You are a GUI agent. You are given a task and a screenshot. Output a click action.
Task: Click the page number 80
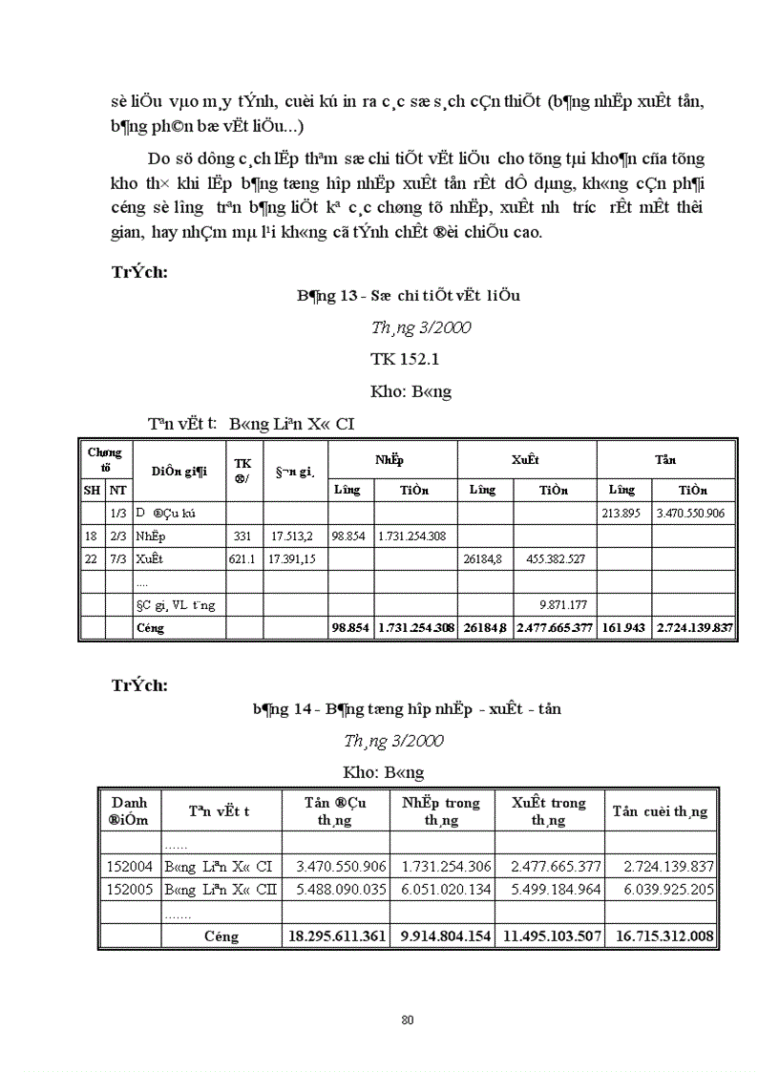(408, 1019)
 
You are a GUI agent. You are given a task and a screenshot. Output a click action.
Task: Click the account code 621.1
(242, 558)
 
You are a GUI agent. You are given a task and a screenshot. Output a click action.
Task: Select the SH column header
(93, 490)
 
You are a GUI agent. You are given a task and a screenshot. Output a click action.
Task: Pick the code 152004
(130, 867)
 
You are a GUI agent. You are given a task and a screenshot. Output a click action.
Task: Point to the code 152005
(130, 890)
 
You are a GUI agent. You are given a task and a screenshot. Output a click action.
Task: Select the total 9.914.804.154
(442, 936)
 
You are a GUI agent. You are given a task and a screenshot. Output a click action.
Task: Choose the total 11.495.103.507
(550, 936)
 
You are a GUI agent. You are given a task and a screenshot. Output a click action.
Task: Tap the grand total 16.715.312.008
(661, 936)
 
